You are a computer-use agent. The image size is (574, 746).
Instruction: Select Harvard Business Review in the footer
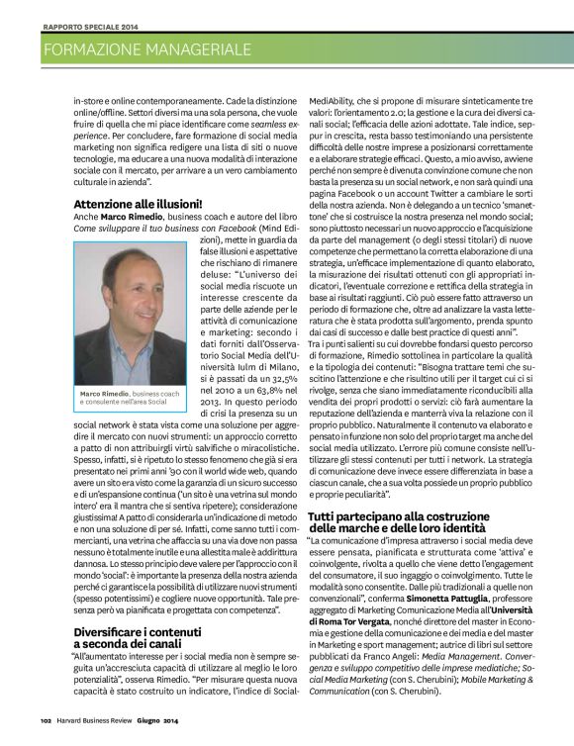(101, 733)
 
